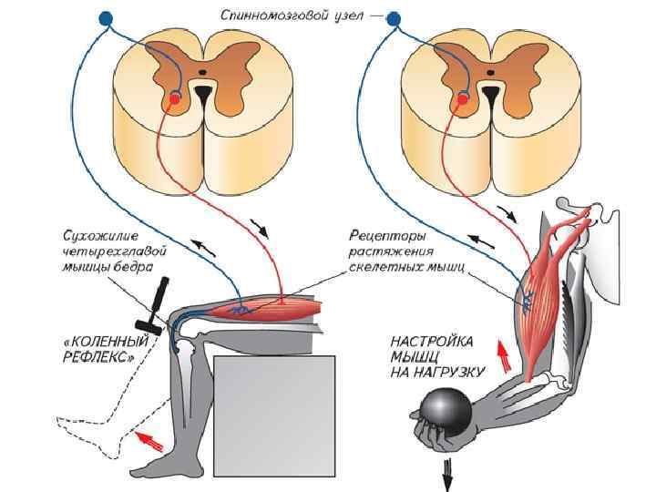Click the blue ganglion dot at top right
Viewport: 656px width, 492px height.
(x=394, y=17)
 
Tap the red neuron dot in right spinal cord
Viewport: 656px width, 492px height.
(x=463, y=97)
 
